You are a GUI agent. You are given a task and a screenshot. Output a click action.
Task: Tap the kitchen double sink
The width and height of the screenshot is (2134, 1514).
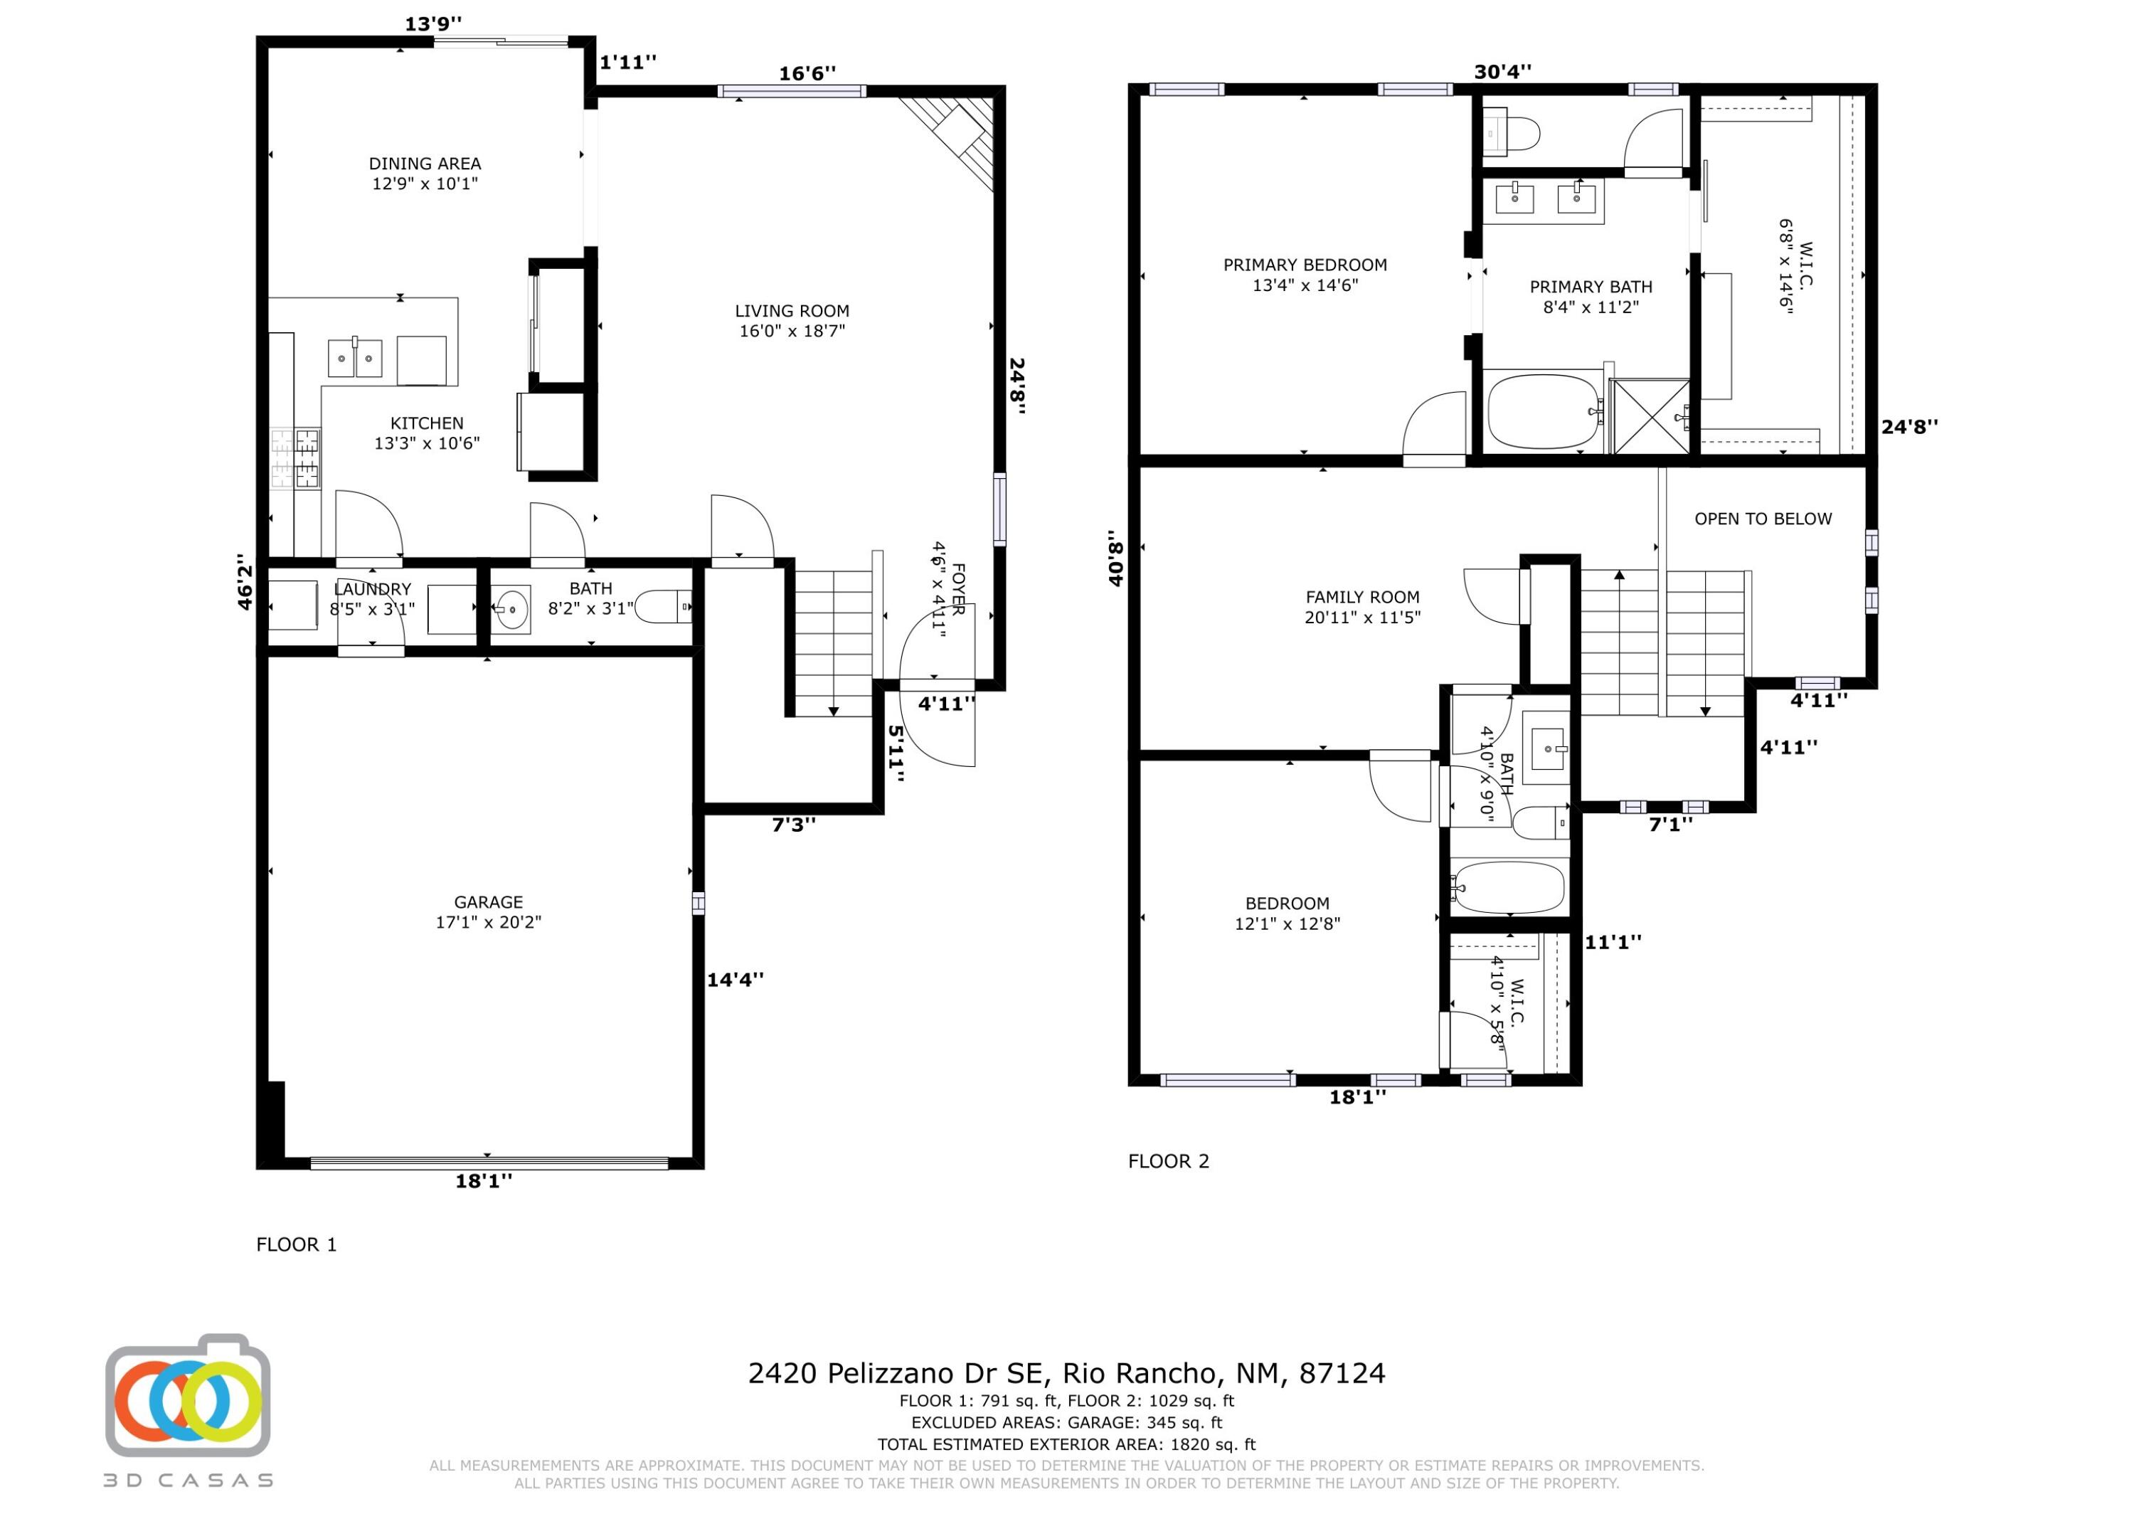[x=355, y=359]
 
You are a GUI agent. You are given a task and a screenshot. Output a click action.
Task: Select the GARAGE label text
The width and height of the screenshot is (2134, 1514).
[x=488, y=902]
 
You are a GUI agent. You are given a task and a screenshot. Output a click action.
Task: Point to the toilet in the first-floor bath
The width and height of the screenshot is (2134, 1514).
[x=664, y=608]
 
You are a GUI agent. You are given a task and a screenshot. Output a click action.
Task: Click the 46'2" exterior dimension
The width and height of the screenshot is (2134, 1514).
[x=245, y=583]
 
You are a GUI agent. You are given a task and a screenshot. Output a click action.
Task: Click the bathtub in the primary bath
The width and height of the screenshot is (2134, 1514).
[x=1541, y=411]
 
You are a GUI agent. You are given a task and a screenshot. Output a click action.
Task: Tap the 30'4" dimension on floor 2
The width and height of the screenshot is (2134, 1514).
[x=1503, y=72]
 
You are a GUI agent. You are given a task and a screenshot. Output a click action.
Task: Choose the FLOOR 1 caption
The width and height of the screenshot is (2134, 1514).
[x=297, y=1244]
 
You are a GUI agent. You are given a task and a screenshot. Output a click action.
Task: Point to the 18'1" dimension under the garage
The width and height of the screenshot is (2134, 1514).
[x=484, y=1181]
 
